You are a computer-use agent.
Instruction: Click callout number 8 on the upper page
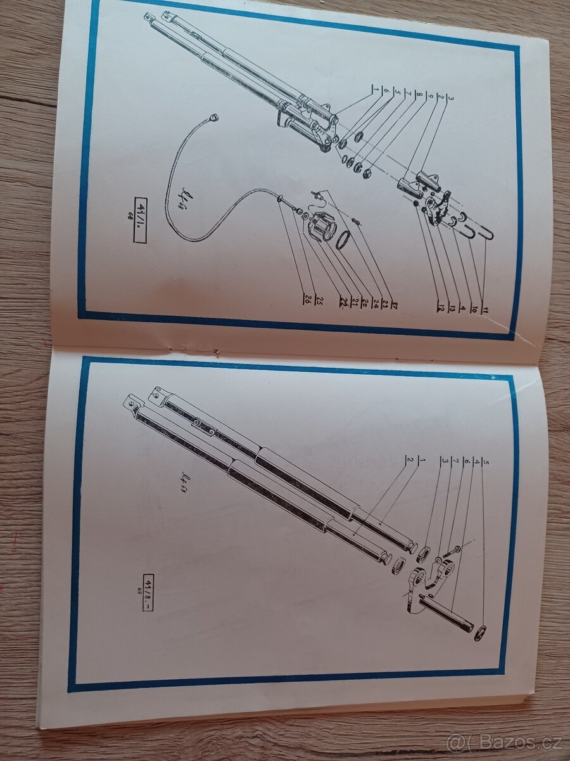[x=419, y=96]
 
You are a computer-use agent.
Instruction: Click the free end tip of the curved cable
[x=213, y=117]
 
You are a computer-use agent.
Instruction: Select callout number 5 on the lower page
[x=486, y=464]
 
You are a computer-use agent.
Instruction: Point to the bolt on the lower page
[x=452, y=552]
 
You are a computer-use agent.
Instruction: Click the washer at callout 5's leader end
[x=480, y=632]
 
